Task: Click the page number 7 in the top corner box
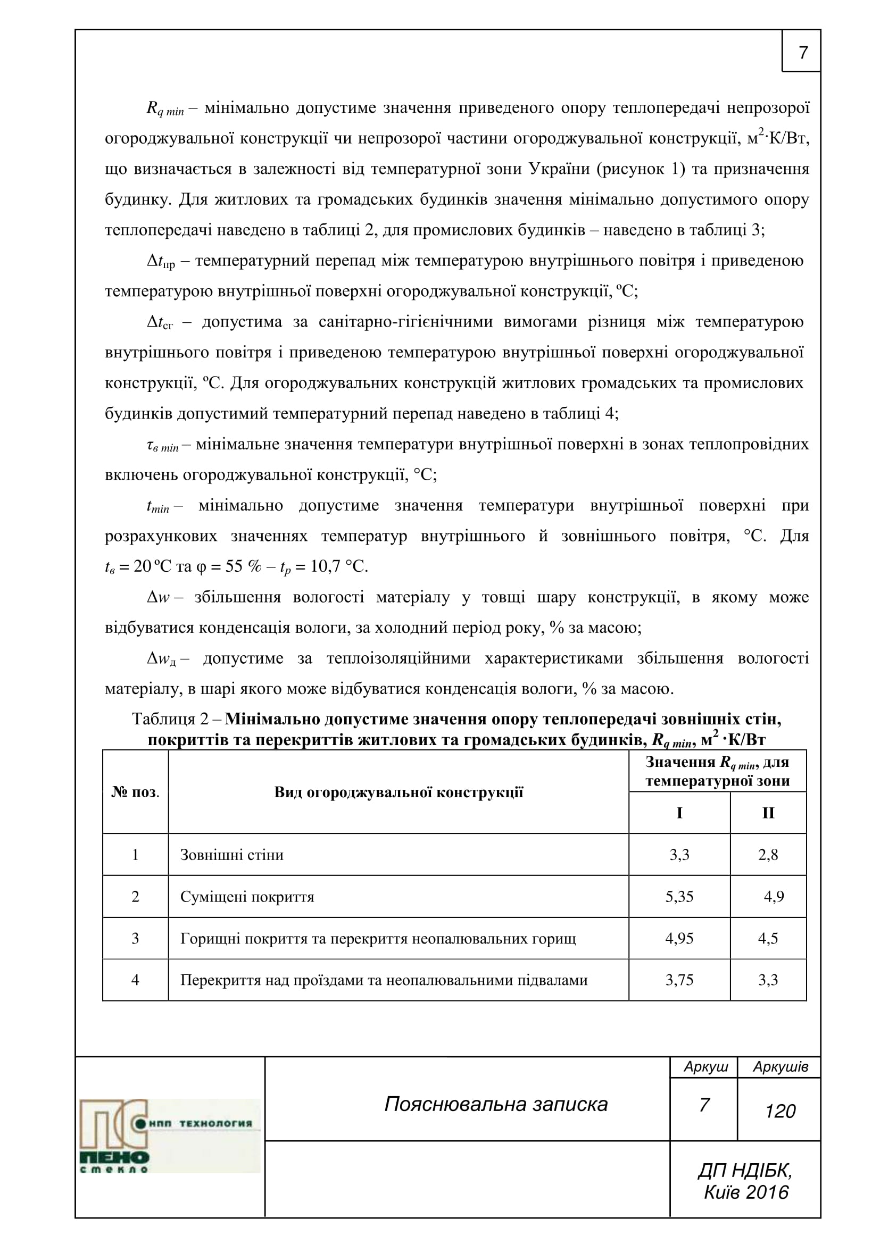coord(803,53)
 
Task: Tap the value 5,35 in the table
coord(679,897)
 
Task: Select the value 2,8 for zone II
coord(768,855)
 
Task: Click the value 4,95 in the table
coord(679,938)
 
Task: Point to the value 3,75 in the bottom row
coord(679,980)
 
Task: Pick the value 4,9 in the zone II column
coord(774,897)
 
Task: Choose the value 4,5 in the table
coord(768,938)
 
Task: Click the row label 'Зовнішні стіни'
coord(232,855)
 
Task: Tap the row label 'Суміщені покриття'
coord(247,897)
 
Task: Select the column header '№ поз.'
coord(135,792)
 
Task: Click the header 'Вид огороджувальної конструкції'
coord(399,792)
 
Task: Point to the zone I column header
coord(679,813)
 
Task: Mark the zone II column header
coord(768,813)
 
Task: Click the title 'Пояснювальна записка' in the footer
coord(496,1104)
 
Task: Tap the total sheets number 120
coord(781,1111)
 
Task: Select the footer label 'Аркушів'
coord(781,1067)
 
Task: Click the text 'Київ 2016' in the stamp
coord(746,1192)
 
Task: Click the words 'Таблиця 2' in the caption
coord(170,719)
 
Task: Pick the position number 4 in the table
coord(135,980)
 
